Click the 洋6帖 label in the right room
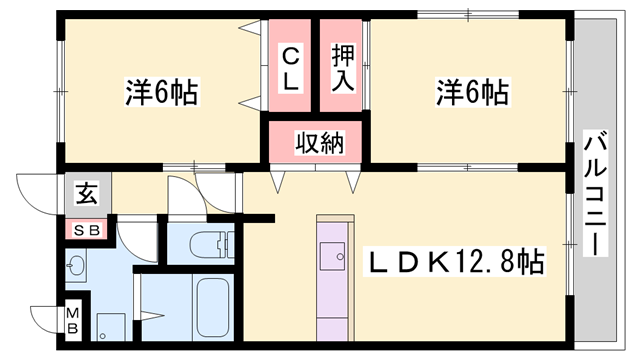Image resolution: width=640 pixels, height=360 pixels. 471,93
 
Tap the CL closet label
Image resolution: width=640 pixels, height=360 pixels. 290,68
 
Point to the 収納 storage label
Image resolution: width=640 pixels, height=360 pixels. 318,142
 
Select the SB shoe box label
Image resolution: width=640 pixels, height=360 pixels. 88,230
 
